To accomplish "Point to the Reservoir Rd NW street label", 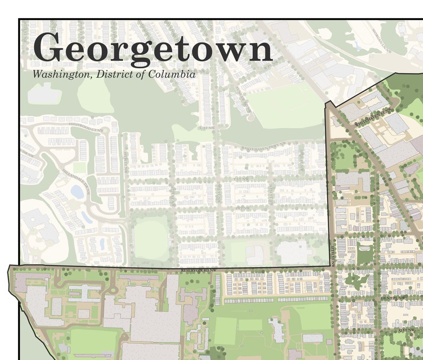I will coord(199,271).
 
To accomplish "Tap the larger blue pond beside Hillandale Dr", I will coord(77,191).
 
